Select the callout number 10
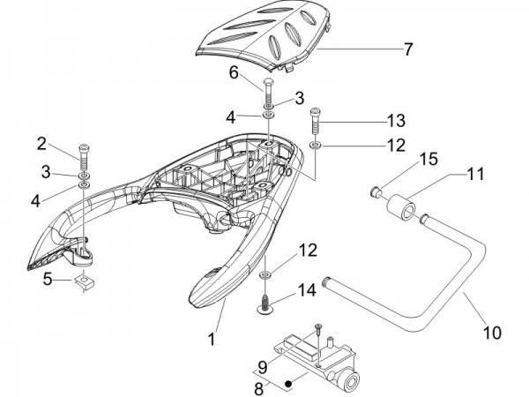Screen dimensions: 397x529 click(x=492, y=333)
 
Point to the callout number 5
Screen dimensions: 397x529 click(x=50, y=281)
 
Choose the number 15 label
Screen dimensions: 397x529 click(x=403, y=158)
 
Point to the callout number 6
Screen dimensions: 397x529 click(x=235, y=74)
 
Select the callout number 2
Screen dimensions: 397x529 click(x=41, y=144)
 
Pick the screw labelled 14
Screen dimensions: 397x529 click(x=264, y=305)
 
